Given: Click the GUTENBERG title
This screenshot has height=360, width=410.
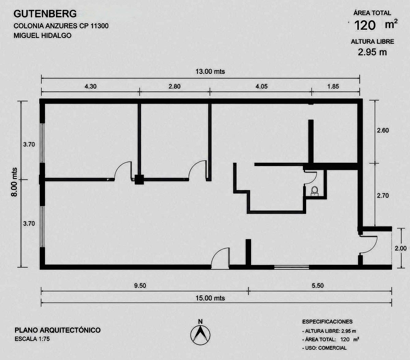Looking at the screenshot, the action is tap(45, 14).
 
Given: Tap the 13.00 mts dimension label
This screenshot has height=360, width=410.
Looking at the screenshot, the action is tap(210, 72).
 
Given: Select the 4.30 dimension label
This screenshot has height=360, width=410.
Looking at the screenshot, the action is tap(91, 86).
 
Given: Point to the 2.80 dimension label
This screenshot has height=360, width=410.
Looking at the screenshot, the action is tap(175, 86).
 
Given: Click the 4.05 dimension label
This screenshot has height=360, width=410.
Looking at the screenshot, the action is tap(261, 86).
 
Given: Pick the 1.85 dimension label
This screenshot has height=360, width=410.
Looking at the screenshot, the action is tap(333, 86).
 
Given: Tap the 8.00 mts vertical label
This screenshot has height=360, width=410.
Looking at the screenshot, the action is tap(14, 182).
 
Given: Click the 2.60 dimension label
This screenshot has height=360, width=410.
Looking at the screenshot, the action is tap(383, 130).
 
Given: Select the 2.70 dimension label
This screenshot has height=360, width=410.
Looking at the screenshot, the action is tap(383, 196).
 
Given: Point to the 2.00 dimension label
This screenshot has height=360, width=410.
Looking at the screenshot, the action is tap(400, 248).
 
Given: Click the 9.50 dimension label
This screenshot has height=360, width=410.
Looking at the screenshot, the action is tap(140, 285).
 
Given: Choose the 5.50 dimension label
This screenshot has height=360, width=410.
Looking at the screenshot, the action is tap(317, 285).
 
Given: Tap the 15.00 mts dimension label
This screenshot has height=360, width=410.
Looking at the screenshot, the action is tap(210, 298).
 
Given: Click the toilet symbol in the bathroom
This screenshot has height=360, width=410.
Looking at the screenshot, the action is tap(314, 191).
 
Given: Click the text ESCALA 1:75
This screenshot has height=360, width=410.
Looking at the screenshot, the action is tap(32, 339).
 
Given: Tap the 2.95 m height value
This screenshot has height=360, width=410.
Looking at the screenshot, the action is tap(372, 52).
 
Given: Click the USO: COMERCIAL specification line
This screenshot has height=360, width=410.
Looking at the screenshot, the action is tap(324, 348).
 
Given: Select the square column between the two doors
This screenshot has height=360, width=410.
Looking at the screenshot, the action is tap(139, 179).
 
